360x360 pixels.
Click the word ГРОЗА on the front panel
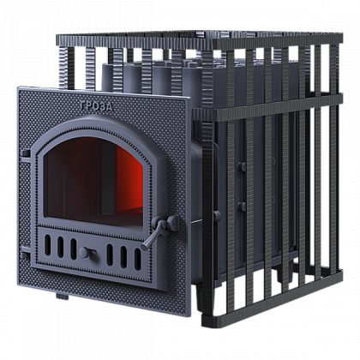(x=96, y=106)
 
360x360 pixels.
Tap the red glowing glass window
(x=94, y=183)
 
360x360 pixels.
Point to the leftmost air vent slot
(x=48, y=245)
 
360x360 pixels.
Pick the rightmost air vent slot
(x=138, y=259)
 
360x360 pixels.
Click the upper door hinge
(x=25, y=153)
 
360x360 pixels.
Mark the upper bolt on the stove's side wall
(x=242, y=166)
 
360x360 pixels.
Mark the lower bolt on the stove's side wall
(x=242, y=207)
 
